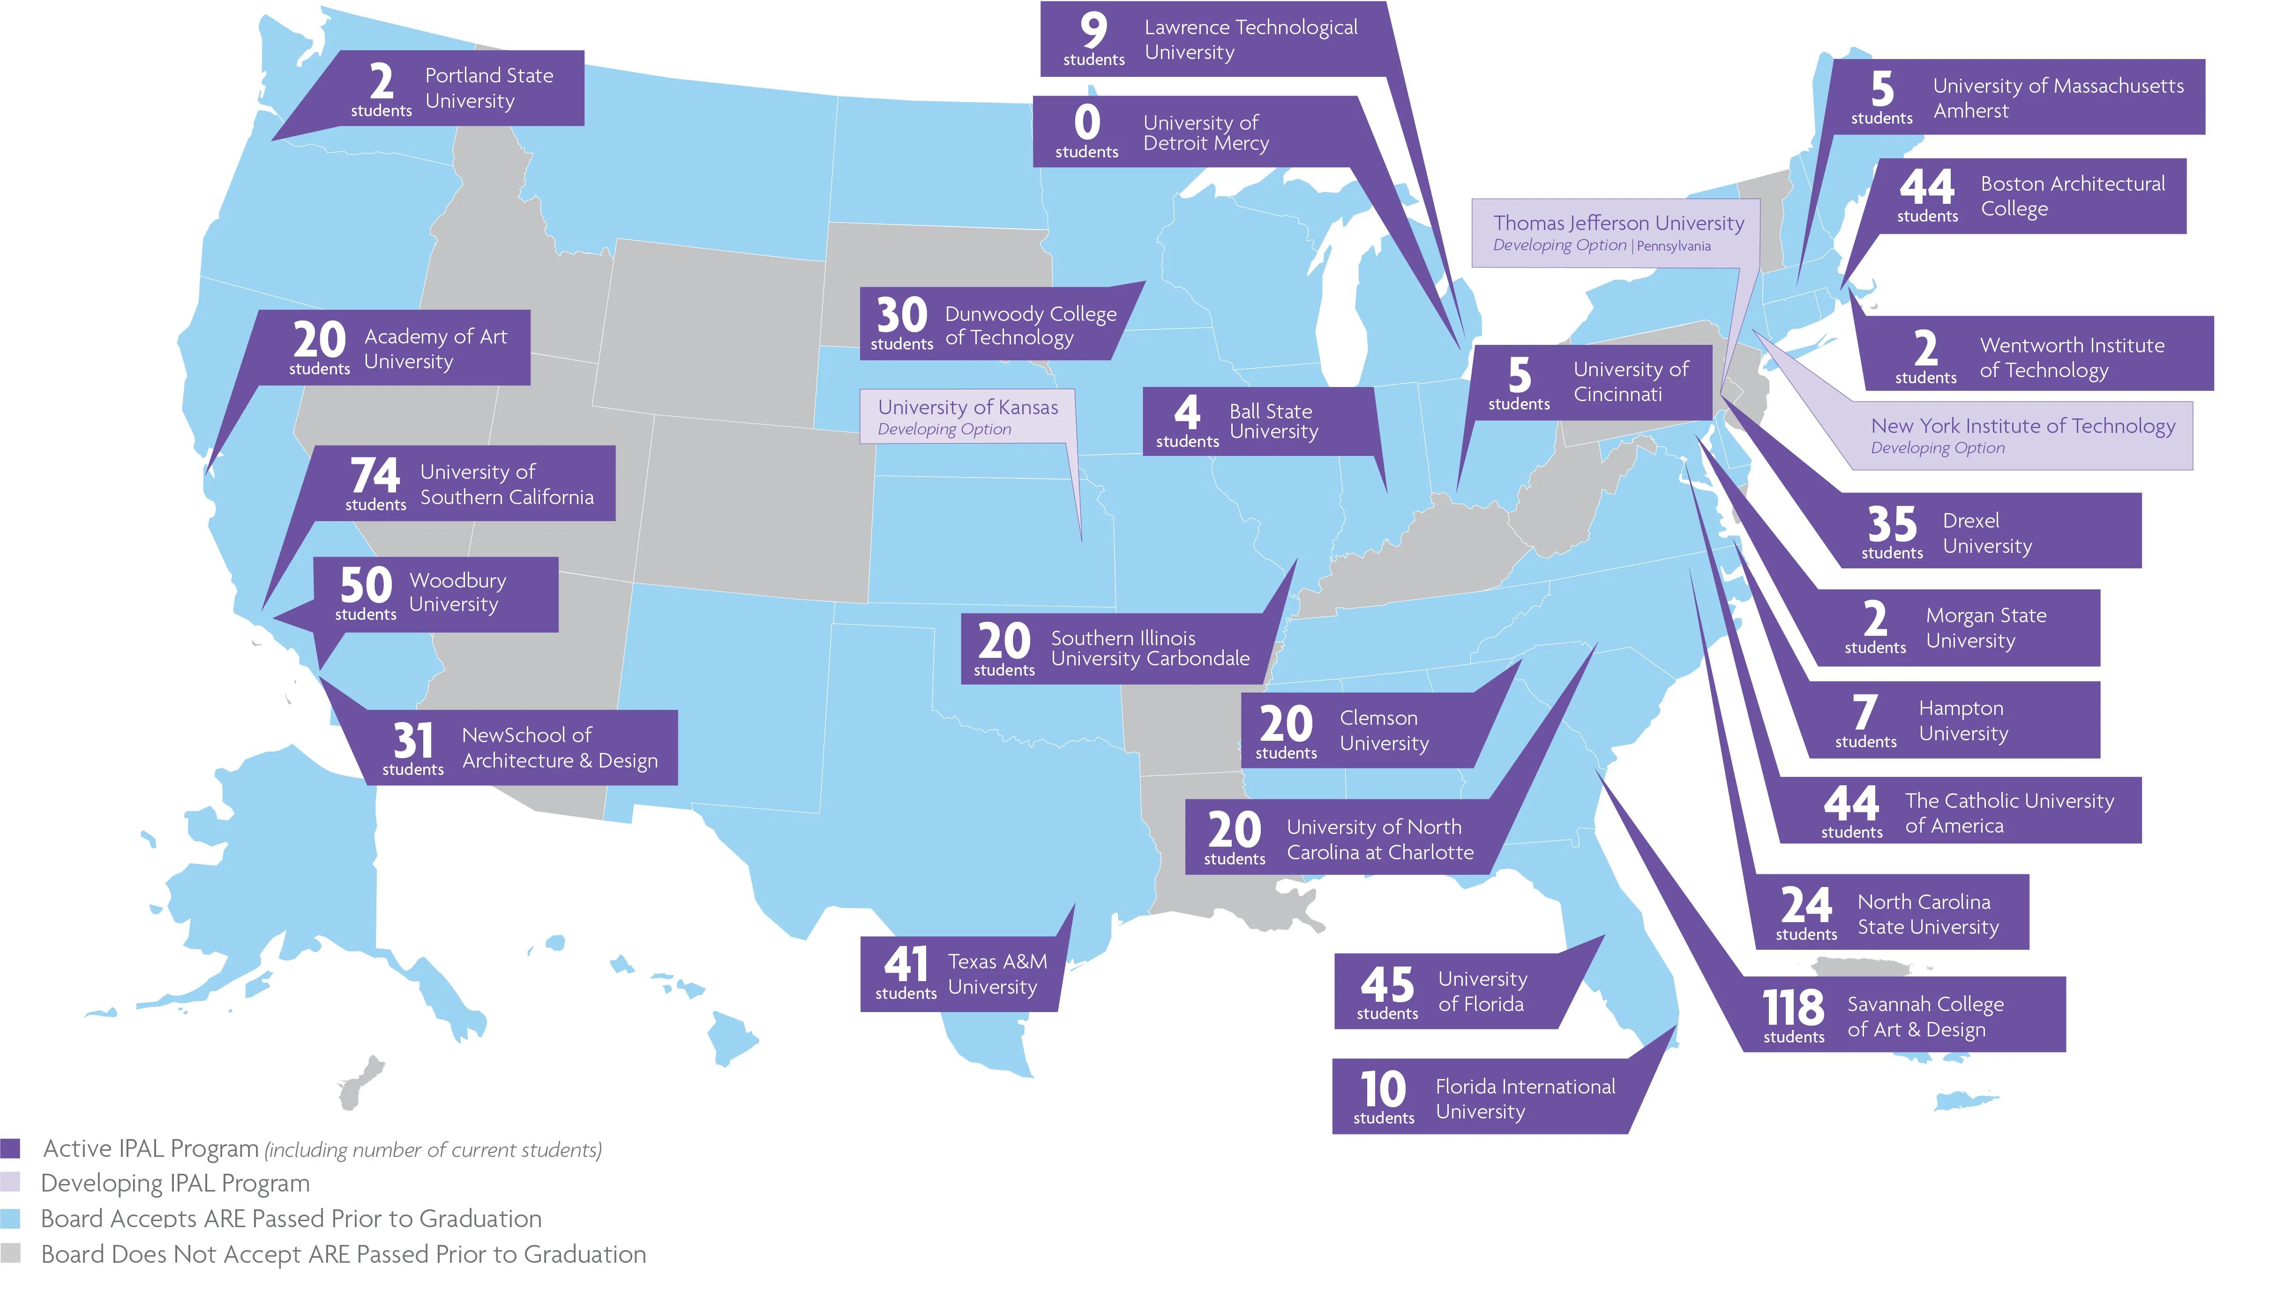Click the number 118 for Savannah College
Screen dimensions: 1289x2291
tap(1793, 1007)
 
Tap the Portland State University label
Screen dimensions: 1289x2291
tap(488, 88)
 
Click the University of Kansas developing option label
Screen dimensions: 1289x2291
tap(967, 416)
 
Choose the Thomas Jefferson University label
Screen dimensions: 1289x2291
tap(1618, 223)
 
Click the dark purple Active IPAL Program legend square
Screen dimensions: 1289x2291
tap(11, 1148)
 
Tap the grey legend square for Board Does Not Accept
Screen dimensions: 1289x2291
tap(11, 1253)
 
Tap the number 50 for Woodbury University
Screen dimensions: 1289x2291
tap(366, 585)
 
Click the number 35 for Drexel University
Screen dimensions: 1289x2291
tap(1892, 524)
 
